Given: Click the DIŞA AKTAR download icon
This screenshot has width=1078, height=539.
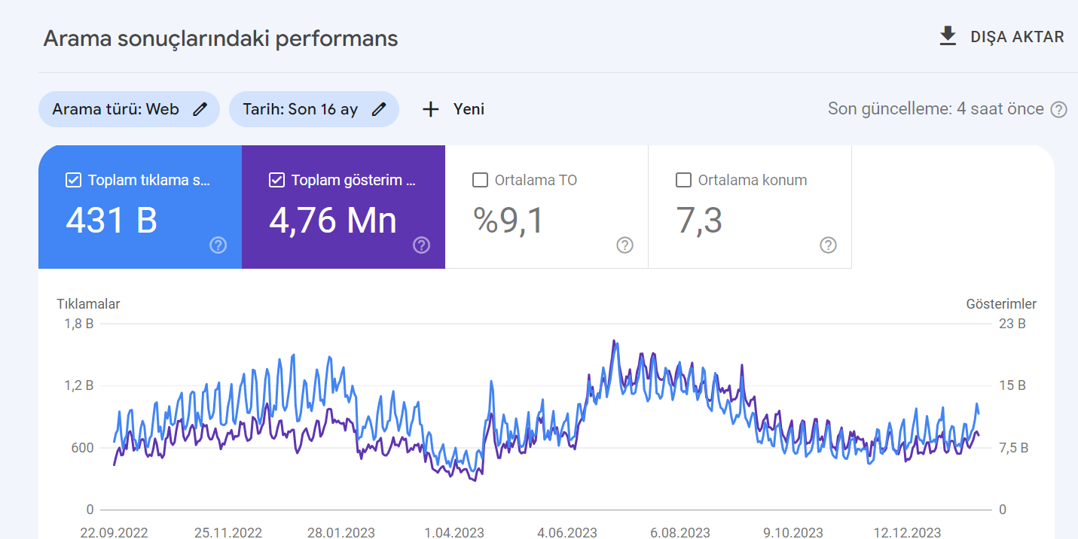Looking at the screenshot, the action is (x=948, y=36).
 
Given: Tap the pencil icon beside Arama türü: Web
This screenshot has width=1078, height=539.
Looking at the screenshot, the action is (x=200, y=109).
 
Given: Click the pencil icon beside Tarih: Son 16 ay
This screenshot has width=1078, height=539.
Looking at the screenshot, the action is (x=379, y=109).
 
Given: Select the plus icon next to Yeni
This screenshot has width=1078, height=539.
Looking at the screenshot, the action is (x=431, y=109).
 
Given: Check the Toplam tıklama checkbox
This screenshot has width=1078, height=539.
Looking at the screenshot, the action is (x=73, y=181).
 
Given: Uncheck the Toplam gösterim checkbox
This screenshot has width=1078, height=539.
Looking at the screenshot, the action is (x=276, y=181).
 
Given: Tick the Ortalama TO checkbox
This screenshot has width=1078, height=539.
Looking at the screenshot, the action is (x=480, y=181).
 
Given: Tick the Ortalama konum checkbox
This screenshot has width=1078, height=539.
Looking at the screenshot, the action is (x=683, y=181).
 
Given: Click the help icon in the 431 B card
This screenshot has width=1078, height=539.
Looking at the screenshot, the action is (x=218, y=245).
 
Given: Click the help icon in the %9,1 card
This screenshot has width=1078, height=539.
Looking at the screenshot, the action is (x=625, y=245).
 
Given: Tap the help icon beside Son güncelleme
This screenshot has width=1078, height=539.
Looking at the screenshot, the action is (x=1058, y=110).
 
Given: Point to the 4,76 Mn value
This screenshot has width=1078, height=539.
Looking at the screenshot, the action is (x=332, y=221).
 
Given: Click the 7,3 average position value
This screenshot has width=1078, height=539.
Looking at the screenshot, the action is (x=699, y=221).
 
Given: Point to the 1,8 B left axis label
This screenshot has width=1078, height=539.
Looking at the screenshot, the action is (x=79, y=324).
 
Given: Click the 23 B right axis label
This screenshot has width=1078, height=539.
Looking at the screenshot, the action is (x=1012, y=324).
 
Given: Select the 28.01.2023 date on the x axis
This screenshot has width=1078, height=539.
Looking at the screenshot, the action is (x=341, y=532).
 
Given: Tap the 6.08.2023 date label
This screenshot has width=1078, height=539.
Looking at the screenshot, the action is (x=680, y=532).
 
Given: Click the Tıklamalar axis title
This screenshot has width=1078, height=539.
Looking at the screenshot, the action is (x=88, y=304).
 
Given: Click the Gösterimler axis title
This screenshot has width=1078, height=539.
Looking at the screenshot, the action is (x=1001, y=304).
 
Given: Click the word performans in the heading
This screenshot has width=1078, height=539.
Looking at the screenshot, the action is (x=337, y=39).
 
